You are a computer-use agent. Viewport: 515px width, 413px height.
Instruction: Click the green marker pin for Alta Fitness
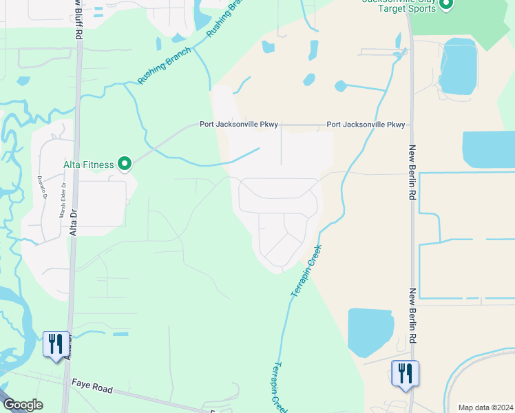click(x=125, y=164)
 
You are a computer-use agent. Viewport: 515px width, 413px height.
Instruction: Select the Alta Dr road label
click(x=72, y=220)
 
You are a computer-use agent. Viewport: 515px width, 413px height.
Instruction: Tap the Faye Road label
click(x=92, y=389)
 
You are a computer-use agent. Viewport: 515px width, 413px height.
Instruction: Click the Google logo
click(x=22, y=405)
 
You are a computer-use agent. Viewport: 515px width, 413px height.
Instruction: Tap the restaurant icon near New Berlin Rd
click(x=405, y=373)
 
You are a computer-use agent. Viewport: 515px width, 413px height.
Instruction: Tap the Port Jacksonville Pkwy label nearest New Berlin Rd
click(x=366, y=125)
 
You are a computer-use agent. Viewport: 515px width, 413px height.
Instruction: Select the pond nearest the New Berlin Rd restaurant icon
click(x=370, y=332)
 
